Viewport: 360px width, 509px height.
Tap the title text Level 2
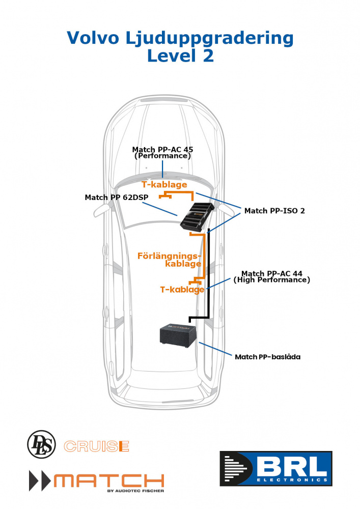click(x=180, y=55)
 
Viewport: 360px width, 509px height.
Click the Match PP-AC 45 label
click(x=162, y=150)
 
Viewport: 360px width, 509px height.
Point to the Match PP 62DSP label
click(x=113, y=197)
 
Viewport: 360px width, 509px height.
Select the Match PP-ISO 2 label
click(x=274, y=210)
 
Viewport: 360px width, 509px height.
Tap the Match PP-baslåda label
click(x=267, y=357)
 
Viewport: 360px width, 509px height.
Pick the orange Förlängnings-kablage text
click(x=170, y=259)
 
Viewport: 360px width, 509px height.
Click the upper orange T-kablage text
click(x=164, y=184)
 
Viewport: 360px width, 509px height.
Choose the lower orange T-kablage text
click(x=182, y=290)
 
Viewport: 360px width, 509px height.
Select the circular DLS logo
click(x=41, y=443)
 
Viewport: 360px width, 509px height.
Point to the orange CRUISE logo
click(x=96, y=446)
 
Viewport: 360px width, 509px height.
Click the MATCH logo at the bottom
click(x=97, y=480)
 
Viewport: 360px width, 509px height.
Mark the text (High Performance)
click(x=271, y=280)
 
